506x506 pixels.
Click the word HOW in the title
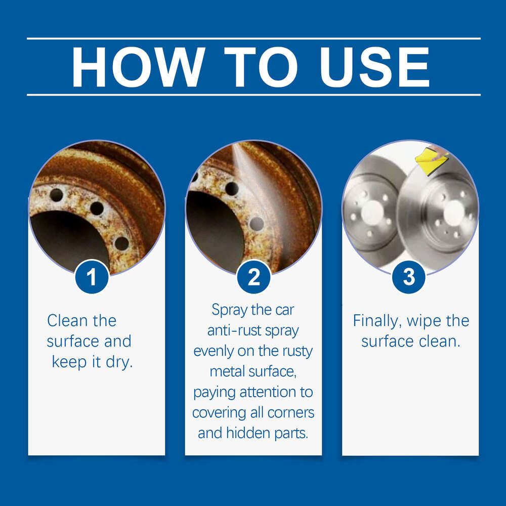point(138,67)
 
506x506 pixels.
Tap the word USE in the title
point(374,67)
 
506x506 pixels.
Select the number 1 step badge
point(92,277)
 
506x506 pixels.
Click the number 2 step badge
point(254,277)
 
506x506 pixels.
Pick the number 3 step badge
point(409,277)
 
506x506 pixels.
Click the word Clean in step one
point(67,321)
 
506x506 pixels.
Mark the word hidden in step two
point(248,433)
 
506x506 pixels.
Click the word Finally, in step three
point(377,321)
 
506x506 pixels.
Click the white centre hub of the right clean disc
point(454,213)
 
